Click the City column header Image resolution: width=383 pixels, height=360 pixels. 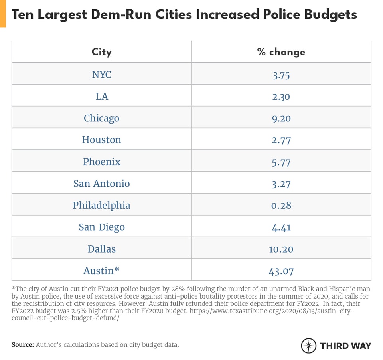point(102,52)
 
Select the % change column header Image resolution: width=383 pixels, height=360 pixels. point(281,52)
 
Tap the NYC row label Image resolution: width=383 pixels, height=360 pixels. point(102,75)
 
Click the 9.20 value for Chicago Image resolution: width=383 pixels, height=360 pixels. point(281,119)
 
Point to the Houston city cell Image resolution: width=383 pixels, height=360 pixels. point(102,140)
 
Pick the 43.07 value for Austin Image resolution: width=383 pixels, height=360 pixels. point(281,271)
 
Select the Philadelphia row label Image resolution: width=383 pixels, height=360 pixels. point(102,206)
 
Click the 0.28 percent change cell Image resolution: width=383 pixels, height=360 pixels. point(281,206)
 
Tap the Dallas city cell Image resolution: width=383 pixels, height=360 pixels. point(102,249)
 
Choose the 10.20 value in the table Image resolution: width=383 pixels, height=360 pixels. point(281,249)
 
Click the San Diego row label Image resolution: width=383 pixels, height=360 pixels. point(102,227)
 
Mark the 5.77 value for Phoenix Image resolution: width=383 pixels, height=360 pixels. point(281,162)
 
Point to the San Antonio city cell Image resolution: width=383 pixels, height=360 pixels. point(102,184)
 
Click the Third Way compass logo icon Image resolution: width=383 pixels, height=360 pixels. point(308,345)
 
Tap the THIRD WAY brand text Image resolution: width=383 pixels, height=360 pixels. point(345,346)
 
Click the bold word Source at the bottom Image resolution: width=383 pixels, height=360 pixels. point(22,344)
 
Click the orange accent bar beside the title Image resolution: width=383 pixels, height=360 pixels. point(3,14)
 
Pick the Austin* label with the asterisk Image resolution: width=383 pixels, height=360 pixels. point(102,271)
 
